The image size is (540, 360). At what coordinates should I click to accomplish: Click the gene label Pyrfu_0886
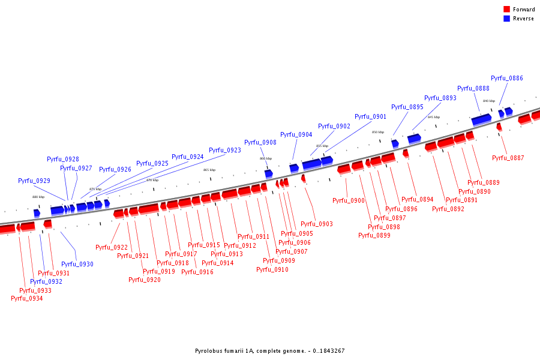pos(506,78)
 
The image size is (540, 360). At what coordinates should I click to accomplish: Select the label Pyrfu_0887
pos(508,158)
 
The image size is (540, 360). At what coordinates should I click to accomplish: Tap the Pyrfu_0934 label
pos(26,298)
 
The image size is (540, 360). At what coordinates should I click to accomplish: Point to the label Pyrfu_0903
pos(316,224)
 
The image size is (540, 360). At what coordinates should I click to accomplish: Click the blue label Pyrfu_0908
pos(260,142)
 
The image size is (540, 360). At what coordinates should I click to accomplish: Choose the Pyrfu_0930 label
pos(77,264)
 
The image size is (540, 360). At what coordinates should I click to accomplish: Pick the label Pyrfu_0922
pos(112,247)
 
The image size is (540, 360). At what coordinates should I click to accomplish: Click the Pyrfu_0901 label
pos(370,116)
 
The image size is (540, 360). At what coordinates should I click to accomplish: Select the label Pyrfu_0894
pos(417,199)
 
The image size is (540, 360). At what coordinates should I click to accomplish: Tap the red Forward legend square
pos(506,10)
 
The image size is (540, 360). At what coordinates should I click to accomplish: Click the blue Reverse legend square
pos(506,19)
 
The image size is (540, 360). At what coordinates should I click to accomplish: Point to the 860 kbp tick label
pos(265,158)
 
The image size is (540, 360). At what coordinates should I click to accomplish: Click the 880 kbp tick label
pos(38,197)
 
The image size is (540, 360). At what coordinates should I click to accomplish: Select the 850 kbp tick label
pos(378,132)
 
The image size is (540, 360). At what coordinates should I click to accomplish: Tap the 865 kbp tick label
pos(209,170)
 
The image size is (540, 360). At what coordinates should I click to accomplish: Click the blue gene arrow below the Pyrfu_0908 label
pos(268,173)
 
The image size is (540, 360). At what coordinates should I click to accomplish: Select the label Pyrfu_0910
pos(272,269)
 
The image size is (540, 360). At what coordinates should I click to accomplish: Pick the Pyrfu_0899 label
pos(374,235)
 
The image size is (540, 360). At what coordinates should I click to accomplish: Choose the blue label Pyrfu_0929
pos(34,181)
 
